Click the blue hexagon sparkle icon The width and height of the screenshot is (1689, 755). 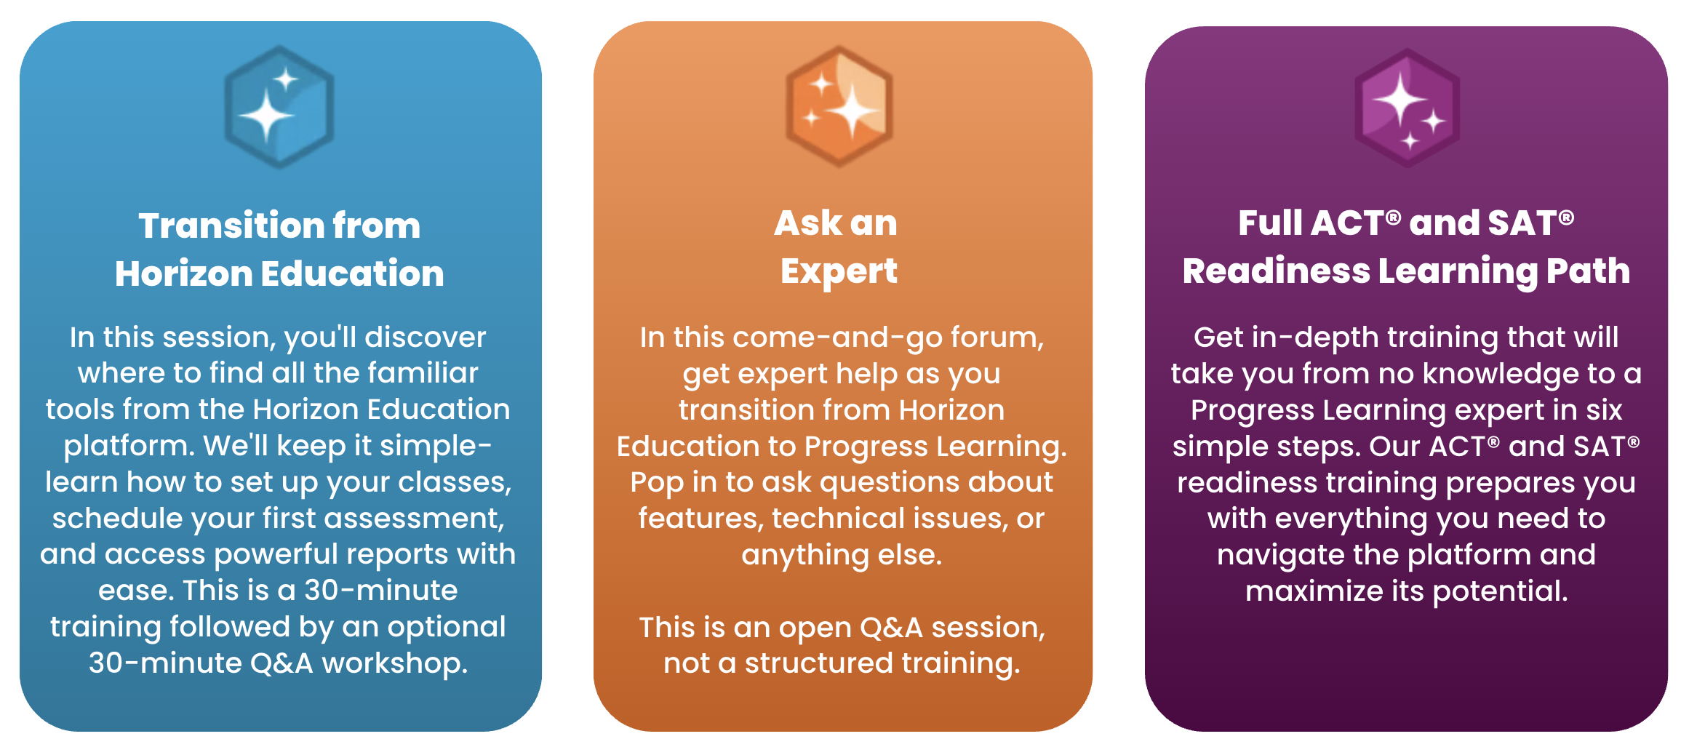[x=279, y=107]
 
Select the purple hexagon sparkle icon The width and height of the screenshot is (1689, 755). [x=1407, y=108]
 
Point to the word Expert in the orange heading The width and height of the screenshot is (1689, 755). [x=839, y=272]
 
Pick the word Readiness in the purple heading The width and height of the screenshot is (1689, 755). [x=1276, y=271]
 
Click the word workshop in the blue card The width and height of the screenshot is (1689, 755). [x=395, y=663]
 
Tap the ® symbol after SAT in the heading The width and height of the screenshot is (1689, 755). [x=1567, y=217]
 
